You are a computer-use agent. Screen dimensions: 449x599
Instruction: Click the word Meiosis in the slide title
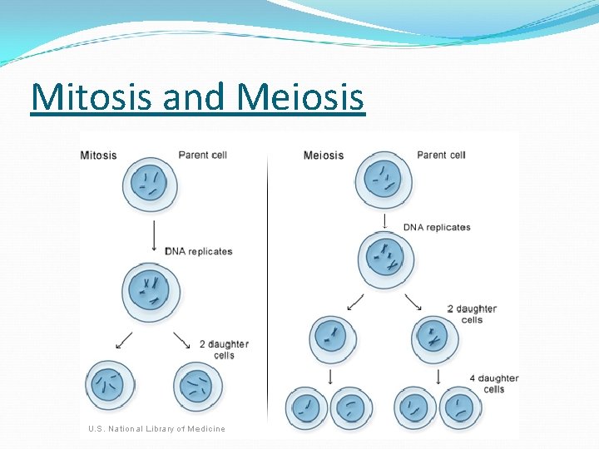(300, 97)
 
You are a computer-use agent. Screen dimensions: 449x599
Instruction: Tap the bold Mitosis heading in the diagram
(98, 155)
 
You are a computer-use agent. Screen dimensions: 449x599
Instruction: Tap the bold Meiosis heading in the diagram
(323, 155)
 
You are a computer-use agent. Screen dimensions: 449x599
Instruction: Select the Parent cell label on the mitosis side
(202, 155)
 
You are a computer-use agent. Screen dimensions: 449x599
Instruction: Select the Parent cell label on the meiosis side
(441, 155)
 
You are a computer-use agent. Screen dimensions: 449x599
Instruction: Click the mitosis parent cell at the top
(151, 185)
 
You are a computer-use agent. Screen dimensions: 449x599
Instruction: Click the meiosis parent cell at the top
(384, 180)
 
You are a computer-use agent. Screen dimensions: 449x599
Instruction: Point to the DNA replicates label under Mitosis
(199, 251)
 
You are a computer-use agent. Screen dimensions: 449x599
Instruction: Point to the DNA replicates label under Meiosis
(437, 227)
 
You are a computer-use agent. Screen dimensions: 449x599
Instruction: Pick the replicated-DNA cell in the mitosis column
(151, 291)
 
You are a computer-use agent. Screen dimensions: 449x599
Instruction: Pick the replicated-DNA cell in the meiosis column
(385, 259)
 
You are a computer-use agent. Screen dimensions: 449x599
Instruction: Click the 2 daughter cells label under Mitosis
(224, 349)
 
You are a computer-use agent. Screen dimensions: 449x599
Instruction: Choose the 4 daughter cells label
(493, 383)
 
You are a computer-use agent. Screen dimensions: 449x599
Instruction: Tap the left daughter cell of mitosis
(110, 385)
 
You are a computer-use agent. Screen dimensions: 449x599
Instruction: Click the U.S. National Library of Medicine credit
(156, 428)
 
